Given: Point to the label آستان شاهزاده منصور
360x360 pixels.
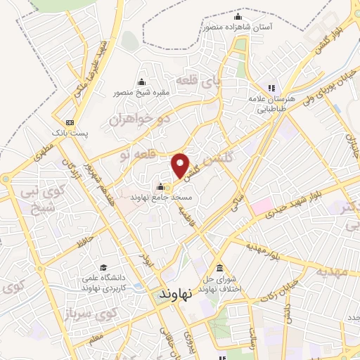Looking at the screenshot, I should click(x=239, y=26).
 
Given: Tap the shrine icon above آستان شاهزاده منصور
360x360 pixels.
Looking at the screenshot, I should click(x=238, y=16).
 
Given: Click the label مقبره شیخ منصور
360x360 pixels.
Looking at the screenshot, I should click(x=142, y=91).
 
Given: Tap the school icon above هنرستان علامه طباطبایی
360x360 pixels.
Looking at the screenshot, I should click(x=269, y=88).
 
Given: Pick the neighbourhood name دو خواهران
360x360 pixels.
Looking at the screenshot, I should click(x=140, y=119).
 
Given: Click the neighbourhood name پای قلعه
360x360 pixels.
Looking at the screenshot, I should click(x=200, y=80).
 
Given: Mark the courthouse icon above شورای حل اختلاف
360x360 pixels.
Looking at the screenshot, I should click(x=220, y=270).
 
